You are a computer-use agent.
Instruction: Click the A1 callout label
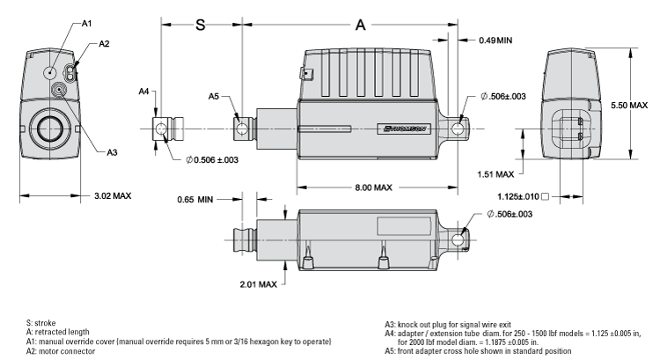point(87,23)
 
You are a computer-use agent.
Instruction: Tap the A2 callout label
point(104,43)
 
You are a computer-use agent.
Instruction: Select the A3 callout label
point(112,152)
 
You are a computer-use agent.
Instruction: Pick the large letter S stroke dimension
point(200,26)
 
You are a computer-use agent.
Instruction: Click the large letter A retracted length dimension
point(359,26)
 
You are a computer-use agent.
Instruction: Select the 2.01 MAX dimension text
point(259,284)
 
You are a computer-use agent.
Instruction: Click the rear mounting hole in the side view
point(457,129)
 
